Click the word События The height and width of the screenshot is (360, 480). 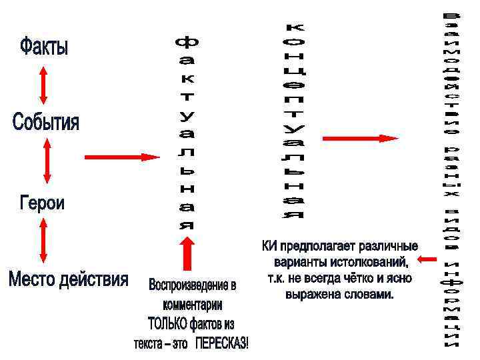click(x=45, y=123)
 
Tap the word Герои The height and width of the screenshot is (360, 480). click(x=42, y=202)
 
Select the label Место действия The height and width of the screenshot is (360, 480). click(x=68, y=279)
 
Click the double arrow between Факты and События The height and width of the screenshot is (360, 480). click(x=44, y=85)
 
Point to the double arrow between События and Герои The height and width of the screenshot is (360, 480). click(x=46, y=162)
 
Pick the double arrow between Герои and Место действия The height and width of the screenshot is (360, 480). click(x=43, y=239)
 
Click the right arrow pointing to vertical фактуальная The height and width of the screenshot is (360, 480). click(x=121, y=157)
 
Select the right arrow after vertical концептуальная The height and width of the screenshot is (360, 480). click(x=361, y=138)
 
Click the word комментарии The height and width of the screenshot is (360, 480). click(x=193, y=305)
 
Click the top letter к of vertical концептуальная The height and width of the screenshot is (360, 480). click(x=293, y=28)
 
